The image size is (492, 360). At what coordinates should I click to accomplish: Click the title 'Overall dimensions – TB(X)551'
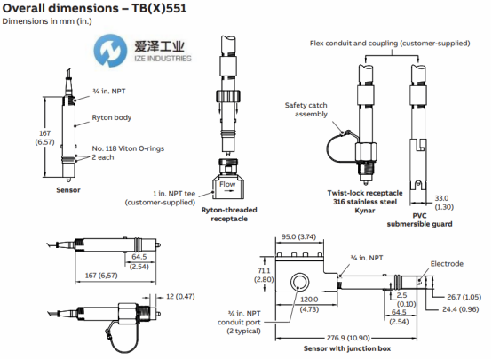(x=94, y=8)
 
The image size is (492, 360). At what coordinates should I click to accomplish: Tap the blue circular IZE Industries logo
(x=110, y=51)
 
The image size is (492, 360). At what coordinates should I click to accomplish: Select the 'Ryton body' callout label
(x=111, y=117)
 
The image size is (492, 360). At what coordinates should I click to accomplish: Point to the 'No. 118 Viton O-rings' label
(x=128, y=148)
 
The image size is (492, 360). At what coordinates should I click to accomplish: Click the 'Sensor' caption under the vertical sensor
(x=68, y=190)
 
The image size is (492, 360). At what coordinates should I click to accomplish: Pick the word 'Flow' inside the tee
(x=227, y=184)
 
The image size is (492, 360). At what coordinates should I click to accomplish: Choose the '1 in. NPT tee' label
(x=174, y=194)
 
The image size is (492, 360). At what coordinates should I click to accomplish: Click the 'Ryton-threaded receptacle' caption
(x=229, y=214)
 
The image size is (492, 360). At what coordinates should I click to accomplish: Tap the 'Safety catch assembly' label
(x=306, y=109)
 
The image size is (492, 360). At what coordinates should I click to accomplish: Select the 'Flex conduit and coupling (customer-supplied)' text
(x=390, y=43)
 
